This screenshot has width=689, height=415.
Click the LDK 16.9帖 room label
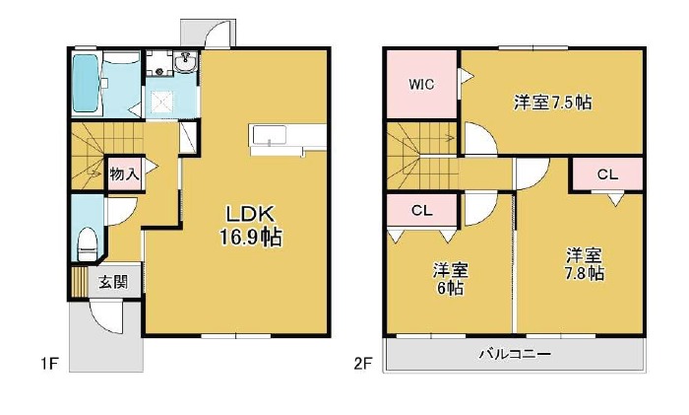(x=251, y=226)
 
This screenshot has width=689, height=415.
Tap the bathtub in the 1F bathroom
(x=86, y=83)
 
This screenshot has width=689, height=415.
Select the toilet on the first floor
(x=87, y=244)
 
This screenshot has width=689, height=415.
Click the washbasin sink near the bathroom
(x=186, y=62)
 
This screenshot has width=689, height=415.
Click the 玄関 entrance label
(x=113, y=282)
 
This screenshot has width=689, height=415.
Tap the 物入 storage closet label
(x=124, y=174)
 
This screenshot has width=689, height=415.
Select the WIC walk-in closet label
(x=421, y=84)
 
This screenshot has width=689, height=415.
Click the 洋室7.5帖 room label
(x=553, y=103)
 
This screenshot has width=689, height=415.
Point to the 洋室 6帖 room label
(x=450, y=279)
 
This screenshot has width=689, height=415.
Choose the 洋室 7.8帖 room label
(x=584, y=264)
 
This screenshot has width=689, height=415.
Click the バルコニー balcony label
(x=515, y=354)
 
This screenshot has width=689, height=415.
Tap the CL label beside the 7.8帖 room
(x=607, y=174)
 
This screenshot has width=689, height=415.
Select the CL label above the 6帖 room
(x=422, y=211)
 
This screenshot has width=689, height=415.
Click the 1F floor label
(x=49, y=364)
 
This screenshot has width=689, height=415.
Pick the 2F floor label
(x=363, y=364)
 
